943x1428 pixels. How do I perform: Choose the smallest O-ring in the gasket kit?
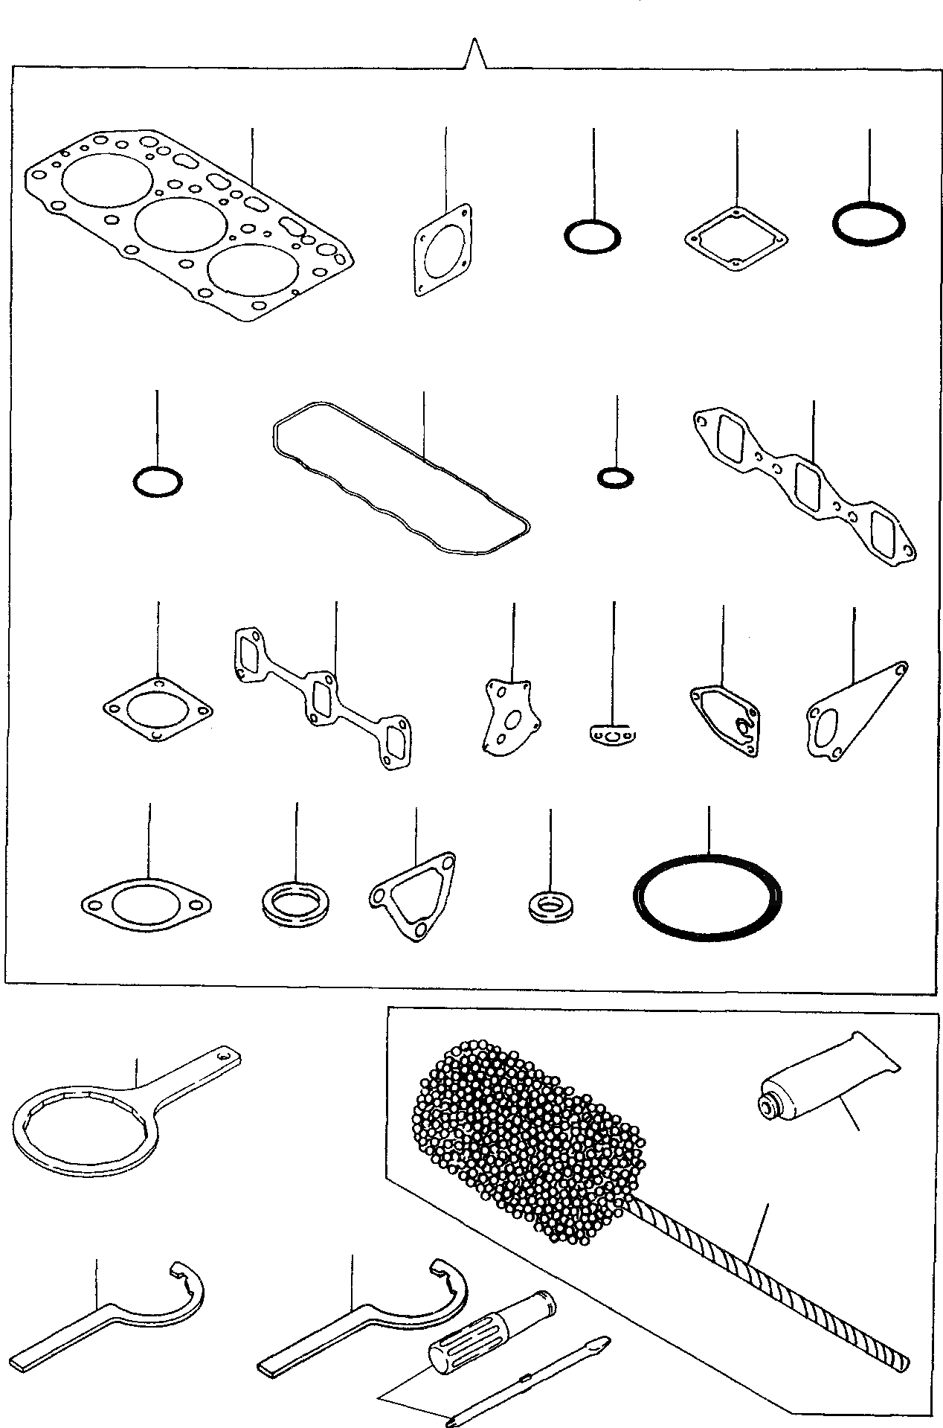(x=616, y=477)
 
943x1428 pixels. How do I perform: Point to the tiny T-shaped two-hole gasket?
(x=613, y=737)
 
